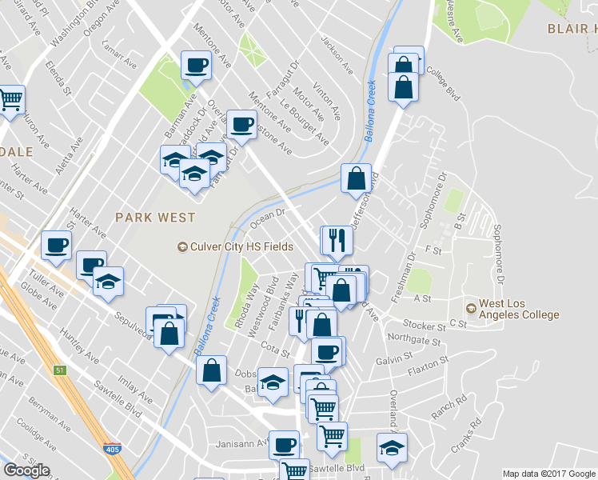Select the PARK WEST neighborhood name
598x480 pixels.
[x=155, y=217]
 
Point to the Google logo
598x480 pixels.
[x=26, y=470]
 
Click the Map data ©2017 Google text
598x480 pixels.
[x=549, y=474]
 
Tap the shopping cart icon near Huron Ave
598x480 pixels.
[x=10, y=100]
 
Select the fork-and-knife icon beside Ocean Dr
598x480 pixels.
[x=337, y=238]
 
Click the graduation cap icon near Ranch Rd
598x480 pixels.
[x=392, y=447]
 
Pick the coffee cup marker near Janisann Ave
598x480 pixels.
[x=283, y=444]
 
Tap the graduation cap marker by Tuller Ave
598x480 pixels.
[x=108, y=281]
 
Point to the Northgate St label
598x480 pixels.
[x=408, y=338]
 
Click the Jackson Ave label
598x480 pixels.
[x=337, y=55]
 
